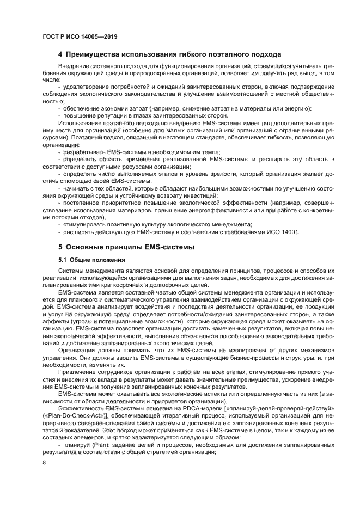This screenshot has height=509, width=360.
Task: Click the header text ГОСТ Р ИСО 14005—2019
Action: pyautogui.click(x=80, y=36)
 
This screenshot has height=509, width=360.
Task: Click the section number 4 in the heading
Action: pyautogui.click(x=60, y=54)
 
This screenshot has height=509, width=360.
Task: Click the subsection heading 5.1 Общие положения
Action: pyautogui.click(x=91, y=260)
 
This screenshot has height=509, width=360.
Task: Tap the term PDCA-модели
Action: pyautogui.click(x=187, y=415)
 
